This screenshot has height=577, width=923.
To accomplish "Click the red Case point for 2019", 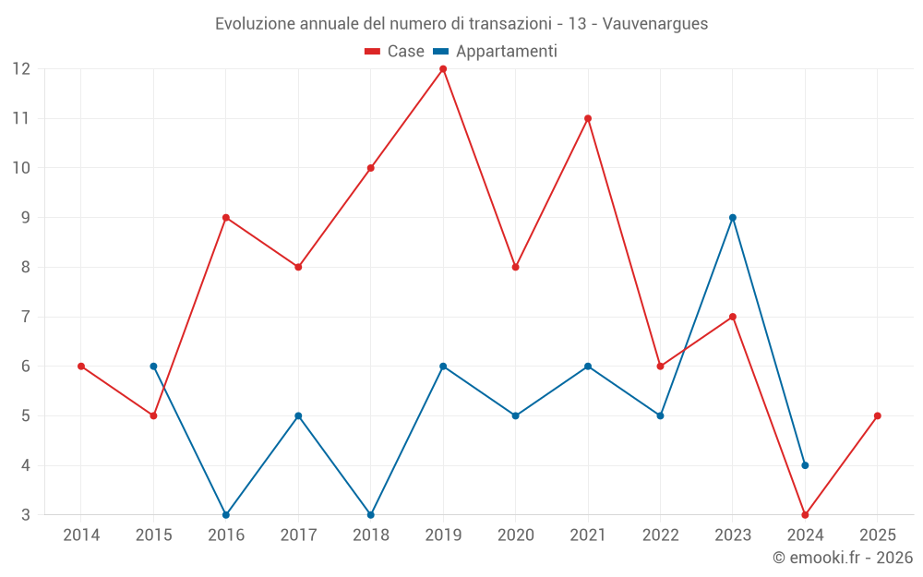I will click(x=443, y=69).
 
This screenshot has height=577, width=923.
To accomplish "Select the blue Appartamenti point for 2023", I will click(x=733, y=218).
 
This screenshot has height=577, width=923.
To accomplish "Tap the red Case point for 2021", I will click(x=588, y=118).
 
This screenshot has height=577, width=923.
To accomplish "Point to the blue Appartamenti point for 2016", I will click(x=226, y=514).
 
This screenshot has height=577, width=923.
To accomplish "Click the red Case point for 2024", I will click(x=805, y=514).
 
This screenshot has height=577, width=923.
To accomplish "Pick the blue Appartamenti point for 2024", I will click(x=805, y=465).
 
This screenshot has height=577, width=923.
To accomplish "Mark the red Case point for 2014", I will click(x=81, y=367).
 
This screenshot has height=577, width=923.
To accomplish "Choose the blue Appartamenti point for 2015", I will click(x=153, y=367).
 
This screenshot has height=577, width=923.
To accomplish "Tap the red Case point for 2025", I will click(x=877, y=415).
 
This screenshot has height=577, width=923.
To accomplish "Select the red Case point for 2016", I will click(x=226, y=218).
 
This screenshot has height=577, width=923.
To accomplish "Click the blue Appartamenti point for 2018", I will click(x=371, y=514).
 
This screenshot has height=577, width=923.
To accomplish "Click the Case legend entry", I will click(x=395, y=52).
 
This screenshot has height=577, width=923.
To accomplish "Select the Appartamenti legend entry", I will click(x=496, y=52).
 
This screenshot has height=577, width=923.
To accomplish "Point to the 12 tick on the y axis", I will click(x=21, y=69).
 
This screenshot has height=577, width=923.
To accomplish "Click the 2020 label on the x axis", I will click(x=515, y=535).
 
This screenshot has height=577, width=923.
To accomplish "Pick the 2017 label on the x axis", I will click(x=298, y=535).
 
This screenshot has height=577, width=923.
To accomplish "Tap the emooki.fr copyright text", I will click(x=843, y=558).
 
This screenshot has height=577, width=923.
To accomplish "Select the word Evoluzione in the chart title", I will click(x=256, y=23).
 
